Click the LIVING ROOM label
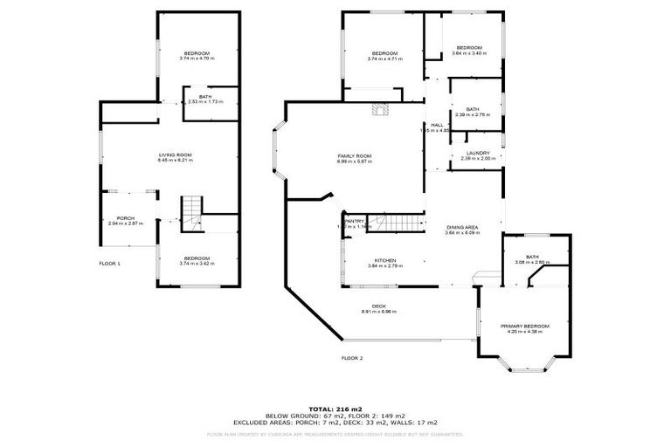174,155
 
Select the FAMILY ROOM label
355,155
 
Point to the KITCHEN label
386,259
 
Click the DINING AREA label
463,227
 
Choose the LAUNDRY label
477,153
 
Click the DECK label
379,306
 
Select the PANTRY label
354,221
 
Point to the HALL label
437,125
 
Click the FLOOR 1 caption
109,263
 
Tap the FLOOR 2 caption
351,358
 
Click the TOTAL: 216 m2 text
335,408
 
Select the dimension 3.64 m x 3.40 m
469,53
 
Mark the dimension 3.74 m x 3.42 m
197,263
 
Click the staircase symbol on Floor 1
191,210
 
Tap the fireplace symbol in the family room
379,110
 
